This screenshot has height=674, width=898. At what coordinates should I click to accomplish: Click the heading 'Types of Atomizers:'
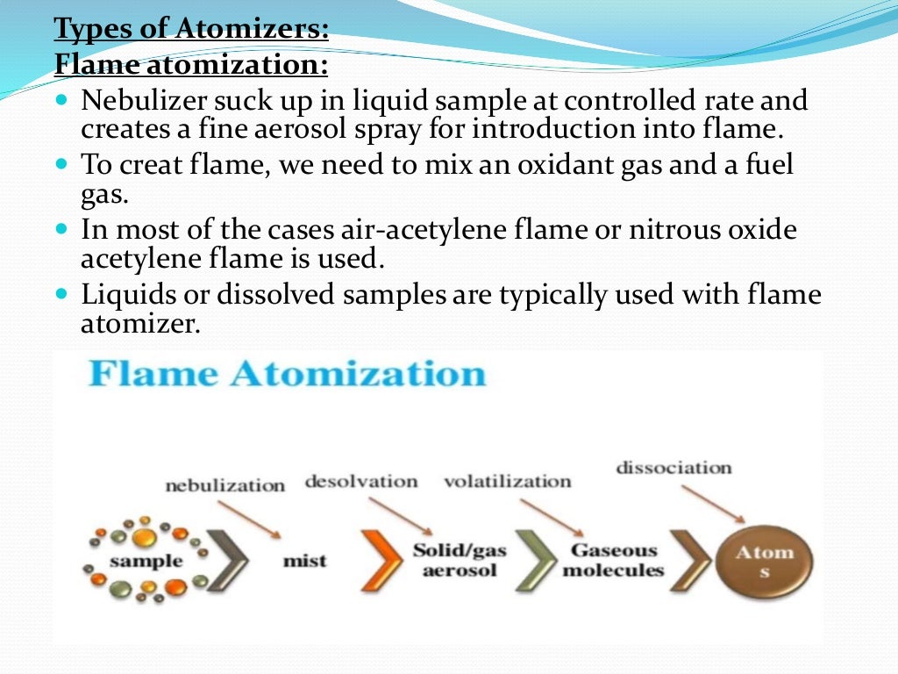point(191,29)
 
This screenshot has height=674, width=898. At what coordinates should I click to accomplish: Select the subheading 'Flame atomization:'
point(191,64)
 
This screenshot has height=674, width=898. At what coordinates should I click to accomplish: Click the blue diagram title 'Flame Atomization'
point(287,373)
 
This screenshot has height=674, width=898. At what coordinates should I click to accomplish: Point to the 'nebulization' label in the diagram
point(224,484)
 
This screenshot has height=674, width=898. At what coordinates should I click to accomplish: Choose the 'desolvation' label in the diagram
point(360,481)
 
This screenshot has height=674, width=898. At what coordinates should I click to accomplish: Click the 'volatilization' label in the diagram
point(507,481)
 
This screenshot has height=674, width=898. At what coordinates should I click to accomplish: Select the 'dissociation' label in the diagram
point(673,467)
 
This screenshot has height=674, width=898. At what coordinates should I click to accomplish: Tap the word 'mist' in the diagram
point(304,560)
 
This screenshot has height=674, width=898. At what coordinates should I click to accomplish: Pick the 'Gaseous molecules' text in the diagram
point(613,560)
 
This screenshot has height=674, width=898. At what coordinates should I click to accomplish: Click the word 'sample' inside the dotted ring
point(146,560)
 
